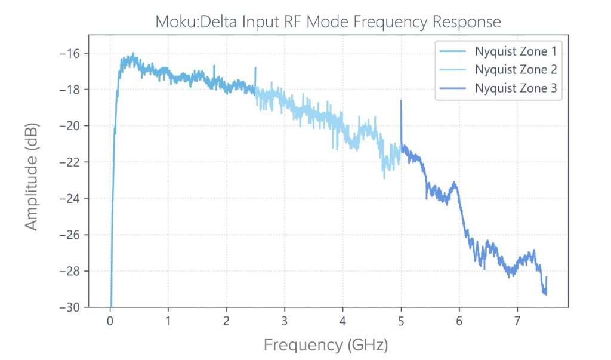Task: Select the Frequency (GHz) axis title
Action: [x=326, y=344]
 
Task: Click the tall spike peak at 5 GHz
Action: [x=401, y=101]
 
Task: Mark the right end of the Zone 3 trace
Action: [x=546, y=277]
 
